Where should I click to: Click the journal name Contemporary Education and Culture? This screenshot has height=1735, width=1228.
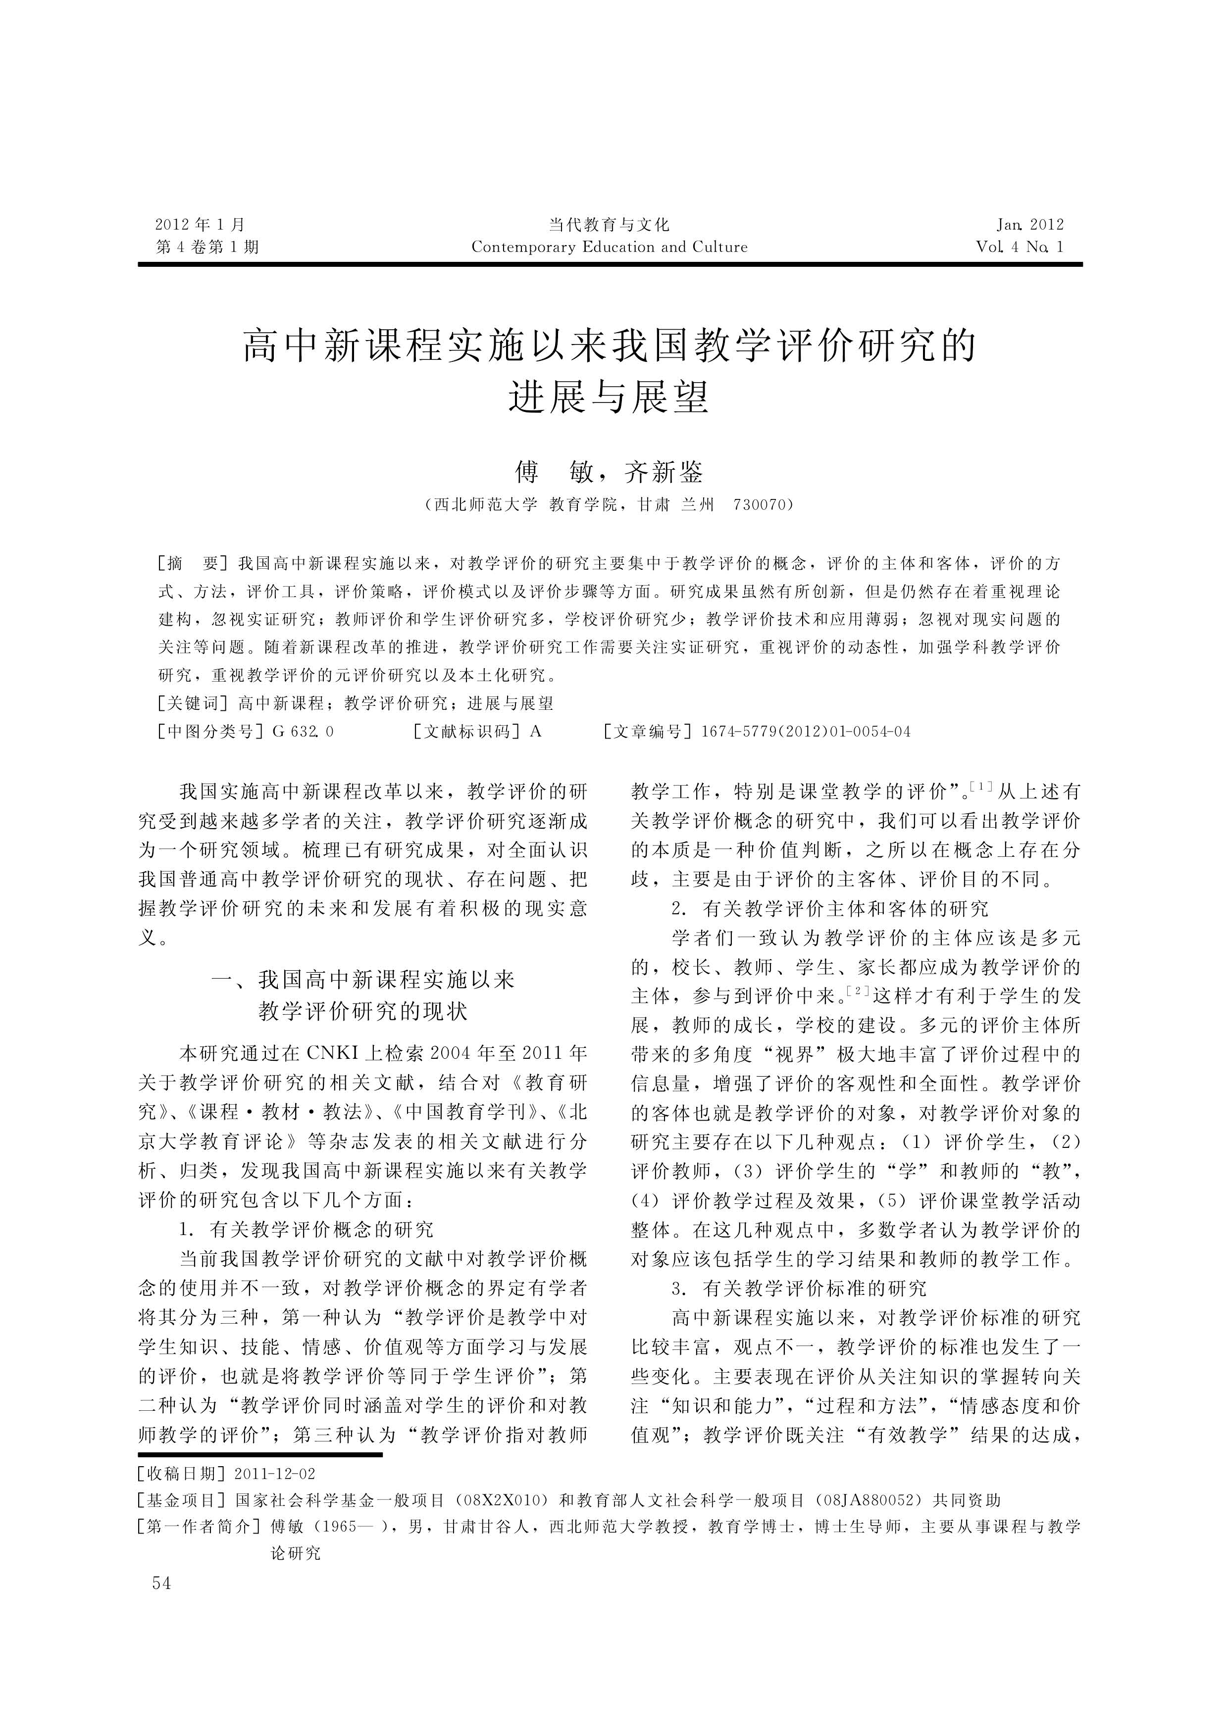[x=609, y=247]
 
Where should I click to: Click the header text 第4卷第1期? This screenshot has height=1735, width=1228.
[x=207, y=247]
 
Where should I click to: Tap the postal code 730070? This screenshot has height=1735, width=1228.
[x=760, y=505]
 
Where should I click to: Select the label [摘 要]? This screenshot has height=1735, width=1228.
[x=192, y=564]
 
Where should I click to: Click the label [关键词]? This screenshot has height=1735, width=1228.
[x=192, y=704]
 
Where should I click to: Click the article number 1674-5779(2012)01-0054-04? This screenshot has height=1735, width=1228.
[x=806, y=732]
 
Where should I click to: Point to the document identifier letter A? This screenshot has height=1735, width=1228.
[x=536, y=732]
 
